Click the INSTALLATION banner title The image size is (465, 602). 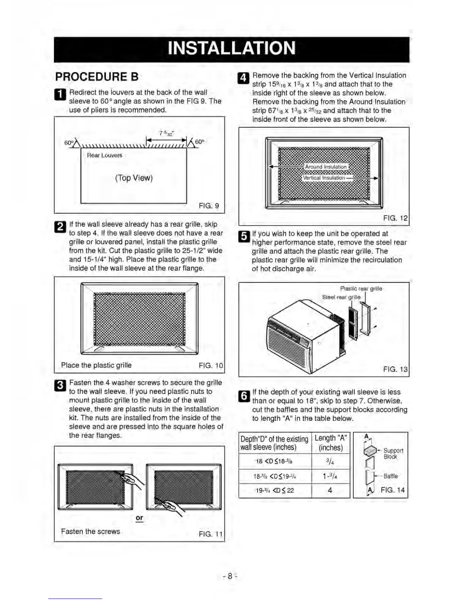[x=231, y=49]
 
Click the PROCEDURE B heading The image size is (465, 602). [x=97, y=77]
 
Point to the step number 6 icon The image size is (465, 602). [x=244, y=396]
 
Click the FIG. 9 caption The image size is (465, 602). [x=209, y=206]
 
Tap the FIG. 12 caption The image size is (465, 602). [x=395, y=218]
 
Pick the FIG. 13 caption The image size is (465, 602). [x=395, y=369]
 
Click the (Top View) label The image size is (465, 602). [x=134, y=178]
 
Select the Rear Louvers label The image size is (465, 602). [x=104, y=155]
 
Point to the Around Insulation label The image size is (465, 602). [x=326, y=166]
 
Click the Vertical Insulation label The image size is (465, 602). [x=324, y=177]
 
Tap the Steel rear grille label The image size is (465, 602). [x=341, y=297]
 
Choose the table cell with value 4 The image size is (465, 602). [x=330, y=490]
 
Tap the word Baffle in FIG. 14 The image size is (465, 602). [x=391, y=476]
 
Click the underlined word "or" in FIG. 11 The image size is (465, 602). [x=139, y=518]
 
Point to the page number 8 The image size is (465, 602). [x=229, y=576]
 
